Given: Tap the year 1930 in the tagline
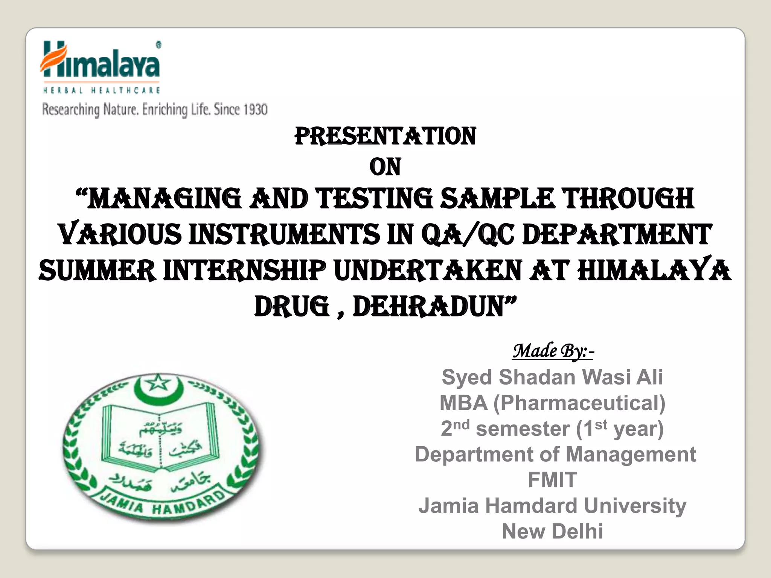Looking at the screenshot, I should click(255, 110).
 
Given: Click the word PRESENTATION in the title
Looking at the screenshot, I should click(385, 136).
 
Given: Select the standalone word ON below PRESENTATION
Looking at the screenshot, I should click(385, 167).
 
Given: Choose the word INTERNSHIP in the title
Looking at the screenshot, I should click(245, 271).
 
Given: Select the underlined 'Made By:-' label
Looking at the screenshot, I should click(553, 351).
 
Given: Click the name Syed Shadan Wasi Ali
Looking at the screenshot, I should click(552, 377).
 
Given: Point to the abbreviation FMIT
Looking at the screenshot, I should click(552, 480).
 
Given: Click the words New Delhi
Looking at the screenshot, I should click(552, 531).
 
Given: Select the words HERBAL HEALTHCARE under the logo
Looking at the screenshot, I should click(102, 90).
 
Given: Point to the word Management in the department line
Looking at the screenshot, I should click(631, 454).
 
